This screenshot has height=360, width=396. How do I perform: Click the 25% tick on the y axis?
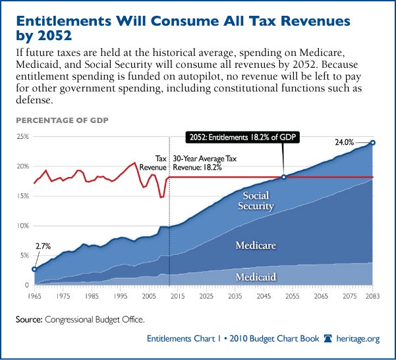click(22, 137)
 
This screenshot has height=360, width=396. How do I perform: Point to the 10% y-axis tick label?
click(22, 226)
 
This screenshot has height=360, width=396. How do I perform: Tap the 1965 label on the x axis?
click(34, 296)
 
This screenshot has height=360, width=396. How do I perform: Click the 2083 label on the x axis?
click(372, 296)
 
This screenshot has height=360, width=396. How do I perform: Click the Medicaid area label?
click(255, 276)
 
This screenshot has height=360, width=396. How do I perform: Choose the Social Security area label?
click(257, 201)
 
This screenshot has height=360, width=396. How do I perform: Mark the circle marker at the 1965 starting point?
click(34, 269)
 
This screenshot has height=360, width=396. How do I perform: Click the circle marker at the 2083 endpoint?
click(372, 143)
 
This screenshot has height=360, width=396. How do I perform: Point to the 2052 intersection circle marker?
click(283, 177)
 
